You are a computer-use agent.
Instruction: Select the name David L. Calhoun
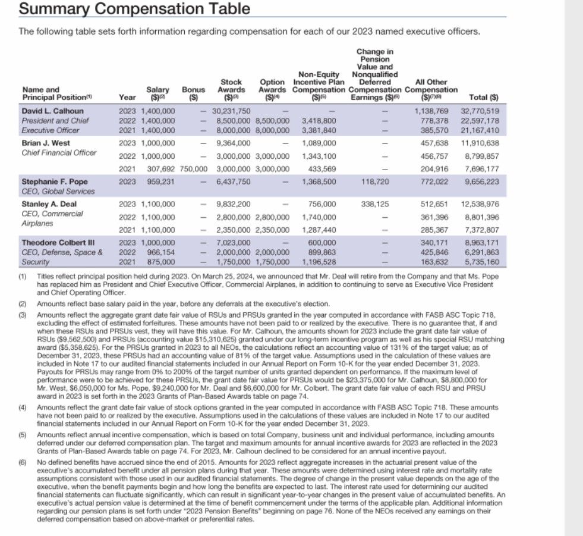coord(52,111)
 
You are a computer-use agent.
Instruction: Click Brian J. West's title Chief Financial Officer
coord(58,152)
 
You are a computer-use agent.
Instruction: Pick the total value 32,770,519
coord(480,111)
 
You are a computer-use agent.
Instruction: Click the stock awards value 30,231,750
coord(231,111)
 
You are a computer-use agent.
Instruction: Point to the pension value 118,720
coord(374,181)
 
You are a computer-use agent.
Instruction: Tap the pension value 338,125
coord(374,204)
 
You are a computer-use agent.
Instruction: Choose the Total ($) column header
coord(484,97)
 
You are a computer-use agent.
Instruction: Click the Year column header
coord(127,97)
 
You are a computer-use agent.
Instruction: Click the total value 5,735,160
coord(481,262)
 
